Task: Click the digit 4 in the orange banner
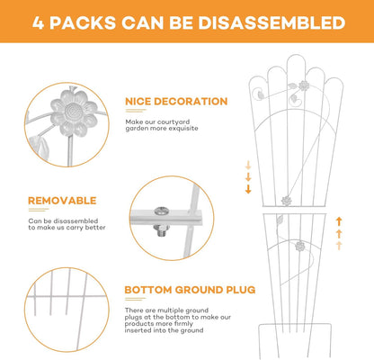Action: coord(38,22)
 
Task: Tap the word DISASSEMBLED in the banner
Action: coord(272,22)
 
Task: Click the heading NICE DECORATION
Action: coord(176,102)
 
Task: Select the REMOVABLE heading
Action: coord(62,201)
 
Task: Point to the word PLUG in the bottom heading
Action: coord(241,290)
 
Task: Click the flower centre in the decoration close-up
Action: coord(74,112)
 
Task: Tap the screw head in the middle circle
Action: coord(161,211)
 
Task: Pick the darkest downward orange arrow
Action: coord(248,189)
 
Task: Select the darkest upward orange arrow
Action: coord(339,221)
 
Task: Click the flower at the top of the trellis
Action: coord(304,85)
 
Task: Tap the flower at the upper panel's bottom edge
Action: coord(287,201)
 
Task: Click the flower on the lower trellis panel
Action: coord(300,247)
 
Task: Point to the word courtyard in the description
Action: coord(174,121)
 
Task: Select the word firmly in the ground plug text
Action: coord(183,324)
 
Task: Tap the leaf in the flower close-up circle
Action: coord(39,147)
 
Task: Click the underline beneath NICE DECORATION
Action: coord(136,111)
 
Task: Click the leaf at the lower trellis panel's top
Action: coord(280,220)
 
